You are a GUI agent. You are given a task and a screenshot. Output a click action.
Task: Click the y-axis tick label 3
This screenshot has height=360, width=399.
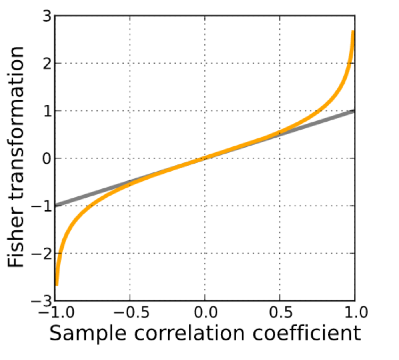(x=46, y=16)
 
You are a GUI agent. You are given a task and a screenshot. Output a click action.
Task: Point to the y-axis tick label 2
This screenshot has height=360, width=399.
(x=46, y=63)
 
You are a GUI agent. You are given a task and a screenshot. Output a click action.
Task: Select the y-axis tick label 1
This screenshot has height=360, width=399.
(x=46, y=111)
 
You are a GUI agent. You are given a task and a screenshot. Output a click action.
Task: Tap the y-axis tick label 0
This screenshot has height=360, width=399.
(x=46, y=158)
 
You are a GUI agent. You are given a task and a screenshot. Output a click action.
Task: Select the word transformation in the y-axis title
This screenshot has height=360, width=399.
(x=17, y=127)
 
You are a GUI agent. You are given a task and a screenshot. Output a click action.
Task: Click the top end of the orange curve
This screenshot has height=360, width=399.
(x=353, y=32)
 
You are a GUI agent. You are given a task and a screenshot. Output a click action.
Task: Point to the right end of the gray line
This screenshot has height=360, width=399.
(x=354, y=111)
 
